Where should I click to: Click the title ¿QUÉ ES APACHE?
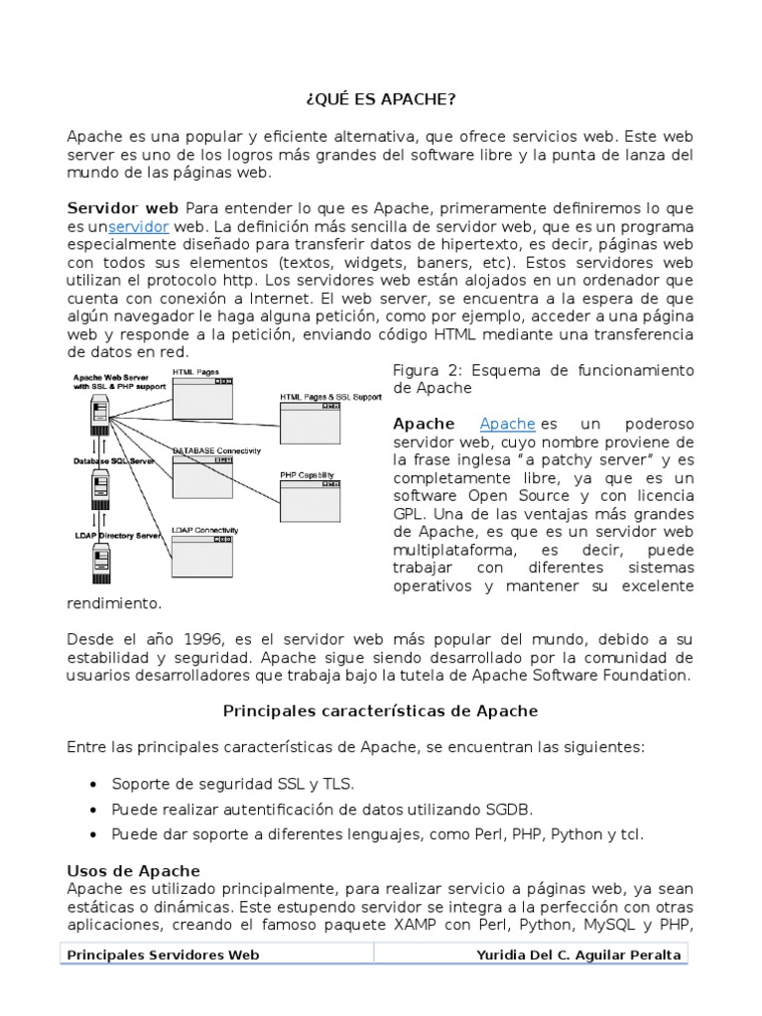[380, 100]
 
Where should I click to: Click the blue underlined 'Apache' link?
[507, 424]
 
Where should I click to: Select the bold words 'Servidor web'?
[122, 207]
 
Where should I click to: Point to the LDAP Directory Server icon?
[99, 566]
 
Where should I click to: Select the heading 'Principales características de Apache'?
[380, 710]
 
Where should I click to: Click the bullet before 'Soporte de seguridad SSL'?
[92, 784]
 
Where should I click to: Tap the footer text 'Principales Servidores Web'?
[163, 954]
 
